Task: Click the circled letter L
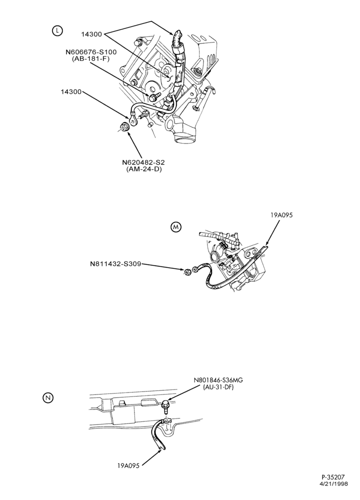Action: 57,30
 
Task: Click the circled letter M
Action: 176,227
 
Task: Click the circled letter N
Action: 48,397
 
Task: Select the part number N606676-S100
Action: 91,52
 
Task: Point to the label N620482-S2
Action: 143,162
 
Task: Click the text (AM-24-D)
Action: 144,169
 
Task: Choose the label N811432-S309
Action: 115,264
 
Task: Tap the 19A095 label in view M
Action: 281,215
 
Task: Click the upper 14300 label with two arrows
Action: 91,34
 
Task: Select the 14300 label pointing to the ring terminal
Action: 71,92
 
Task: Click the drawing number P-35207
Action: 333,486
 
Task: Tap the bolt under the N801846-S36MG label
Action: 165,407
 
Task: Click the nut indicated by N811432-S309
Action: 188,271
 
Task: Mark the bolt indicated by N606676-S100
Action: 154,96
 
